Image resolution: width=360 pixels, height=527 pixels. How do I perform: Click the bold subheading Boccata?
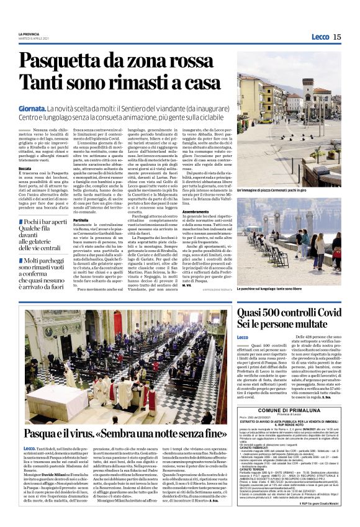(25, 168)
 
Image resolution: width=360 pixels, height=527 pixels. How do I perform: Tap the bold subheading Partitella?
(81, 220)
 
